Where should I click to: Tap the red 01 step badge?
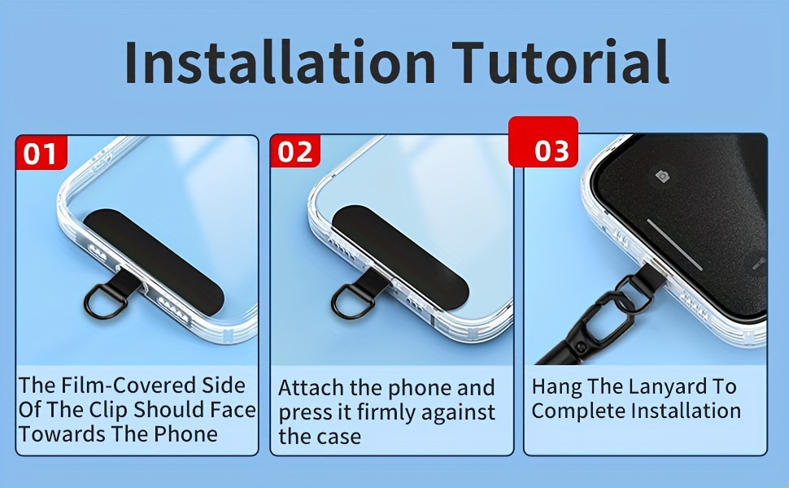click(41, 152)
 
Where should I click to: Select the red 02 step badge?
click(295, 151)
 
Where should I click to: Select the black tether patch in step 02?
click(400, 256)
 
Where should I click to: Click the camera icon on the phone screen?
click(662, 176)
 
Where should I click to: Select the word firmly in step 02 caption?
click(386, 412)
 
